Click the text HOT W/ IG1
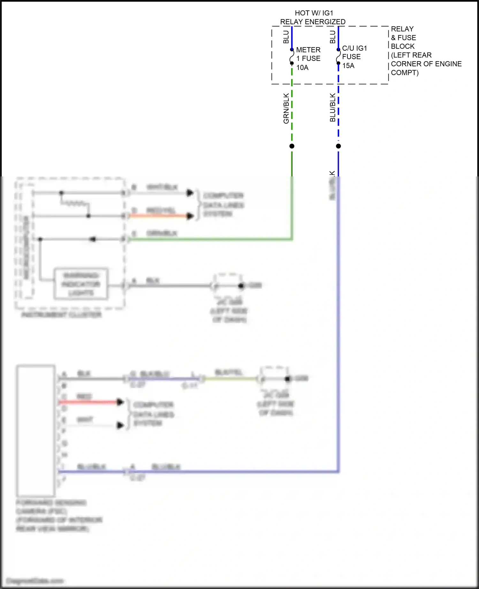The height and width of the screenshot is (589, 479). [314, 13]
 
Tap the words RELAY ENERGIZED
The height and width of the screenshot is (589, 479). [313, 22]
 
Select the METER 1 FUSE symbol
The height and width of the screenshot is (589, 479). [292, 56]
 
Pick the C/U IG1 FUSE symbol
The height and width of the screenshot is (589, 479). [338, 56]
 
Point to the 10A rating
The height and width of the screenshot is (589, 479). [302, 68]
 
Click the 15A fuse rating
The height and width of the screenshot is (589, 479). [348, 66]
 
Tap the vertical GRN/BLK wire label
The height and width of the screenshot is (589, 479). [286, 108]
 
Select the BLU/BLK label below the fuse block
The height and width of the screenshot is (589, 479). [332, 108]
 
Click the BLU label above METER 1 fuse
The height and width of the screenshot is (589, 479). [286, 37]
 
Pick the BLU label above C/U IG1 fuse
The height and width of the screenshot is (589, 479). [333, 37]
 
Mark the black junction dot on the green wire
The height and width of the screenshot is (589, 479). [292, 146]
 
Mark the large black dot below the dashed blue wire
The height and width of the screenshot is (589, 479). [338, 146]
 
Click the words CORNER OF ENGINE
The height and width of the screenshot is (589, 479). [426, 64]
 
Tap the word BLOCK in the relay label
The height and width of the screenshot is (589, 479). [403, 46]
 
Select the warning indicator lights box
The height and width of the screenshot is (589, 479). [81, 284]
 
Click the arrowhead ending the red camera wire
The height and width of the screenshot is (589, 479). [120, 402]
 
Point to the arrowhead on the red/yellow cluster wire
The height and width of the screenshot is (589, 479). [190, 216]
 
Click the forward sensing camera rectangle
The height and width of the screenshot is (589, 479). [36, 431]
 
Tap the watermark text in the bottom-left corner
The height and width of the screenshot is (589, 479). [34, 580]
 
